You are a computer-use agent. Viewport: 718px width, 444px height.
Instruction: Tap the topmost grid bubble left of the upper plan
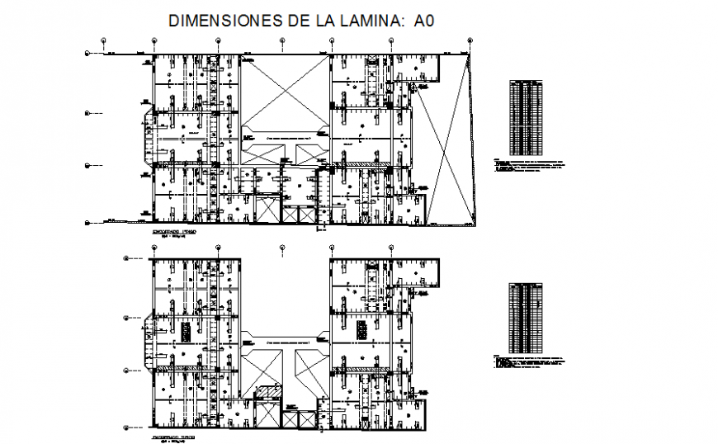(x=87, y=54)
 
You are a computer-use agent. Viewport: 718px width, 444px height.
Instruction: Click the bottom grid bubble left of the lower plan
(x=125, y=427)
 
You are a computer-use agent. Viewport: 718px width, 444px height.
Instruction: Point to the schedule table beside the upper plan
(x=527, y=117)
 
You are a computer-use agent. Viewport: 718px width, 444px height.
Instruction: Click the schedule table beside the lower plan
(x=527, y=318)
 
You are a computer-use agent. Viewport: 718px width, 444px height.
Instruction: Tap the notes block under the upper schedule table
(x=529, y=164)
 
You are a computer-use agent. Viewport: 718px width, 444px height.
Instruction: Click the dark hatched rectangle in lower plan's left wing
(x=187, y=331)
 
